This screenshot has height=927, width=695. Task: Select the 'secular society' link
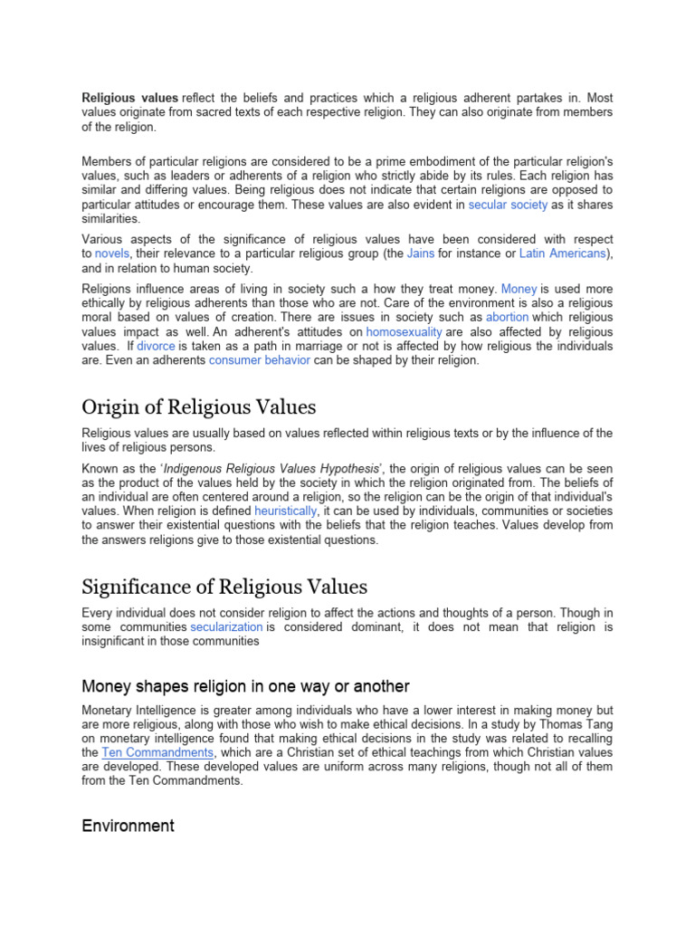[508, 205]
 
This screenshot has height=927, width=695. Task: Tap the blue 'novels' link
[112, 254]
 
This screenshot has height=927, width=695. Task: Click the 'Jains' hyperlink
[421, 254]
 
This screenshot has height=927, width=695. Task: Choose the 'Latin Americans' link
[563, 254]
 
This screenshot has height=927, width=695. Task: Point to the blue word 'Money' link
[519, 289]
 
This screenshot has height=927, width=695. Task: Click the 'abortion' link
[507, 318]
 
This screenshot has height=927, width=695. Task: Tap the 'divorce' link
[157, 347]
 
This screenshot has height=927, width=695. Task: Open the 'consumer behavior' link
[260, 360]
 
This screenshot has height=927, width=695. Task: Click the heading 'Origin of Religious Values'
[198, 406]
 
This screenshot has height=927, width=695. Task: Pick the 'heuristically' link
[286, 511]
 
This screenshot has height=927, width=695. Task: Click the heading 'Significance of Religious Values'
[224, 588]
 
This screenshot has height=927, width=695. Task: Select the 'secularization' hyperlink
[227, 626]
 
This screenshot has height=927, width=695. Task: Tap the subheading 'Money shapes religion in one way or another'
[245, 685]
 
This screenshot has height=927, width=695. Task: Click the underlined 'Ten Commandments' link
[157, 752]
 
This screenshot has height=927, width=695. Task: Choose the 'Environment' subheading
[128, 826]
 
